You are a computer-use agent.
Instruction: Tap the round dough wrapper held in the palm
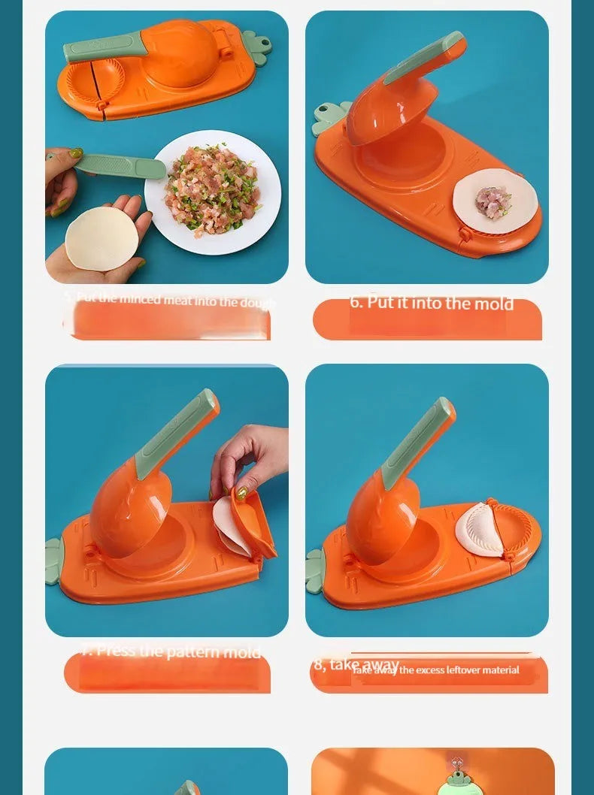(x=102, y=238)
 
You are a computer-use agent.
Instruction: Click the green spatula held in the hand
(x=120, y=165)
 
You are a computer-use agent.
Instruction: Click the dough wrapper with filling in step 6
(x=495, y=198)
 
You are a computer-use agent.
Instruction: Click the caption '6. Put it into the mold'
(x=431, y=304)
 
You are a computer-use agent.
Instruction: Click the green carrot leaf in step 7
(x=53, y=560)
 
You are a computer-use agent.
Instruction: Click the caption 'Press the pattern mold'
(x=171, y=651)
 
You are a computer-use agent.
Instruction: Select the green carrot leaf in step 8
(x=314, y=570)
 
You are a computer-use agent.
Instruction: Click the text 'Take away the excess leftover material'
(x=436, y=670)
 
